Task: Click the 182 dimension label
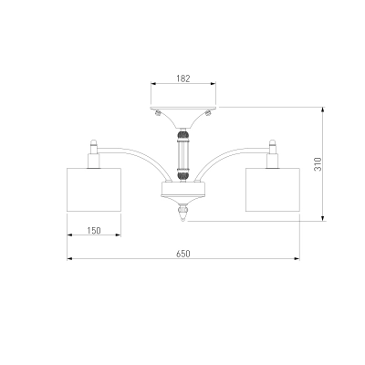tap(183, 78)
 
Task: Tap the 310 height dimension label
tap(318, 164)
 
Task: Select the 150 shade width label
tap(94, 231)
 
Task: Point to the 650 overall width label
tap(183, 254)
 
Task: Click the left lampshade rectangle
tap(94, 190)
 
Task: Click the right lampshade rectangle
tap(273, 190)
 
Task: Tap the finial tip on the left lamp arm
tap(94, 142)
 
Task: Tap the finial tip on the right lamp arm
tap(273, 142)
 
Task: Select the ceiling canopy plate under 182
tap(183, 108)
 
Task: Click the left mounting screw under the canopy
tap(158, 113)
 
